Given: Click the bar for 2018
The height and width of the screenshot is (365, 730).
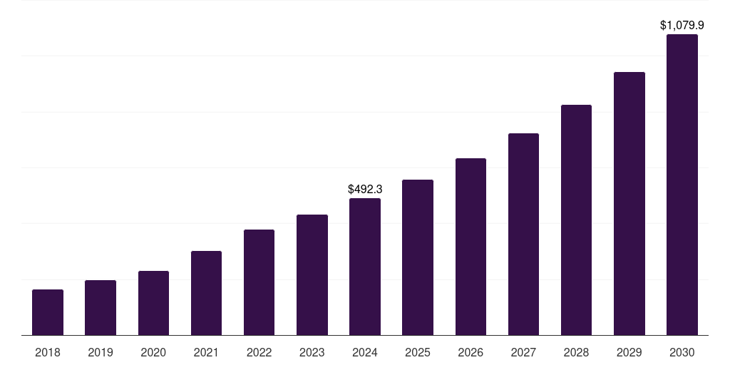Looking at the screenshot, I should pos(48,312).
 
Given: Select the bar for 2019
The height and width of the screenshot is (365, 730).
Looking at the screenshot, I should pos(101,307).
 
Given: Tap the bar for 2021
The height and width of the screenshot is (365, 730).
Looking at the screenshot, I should pos(206,293).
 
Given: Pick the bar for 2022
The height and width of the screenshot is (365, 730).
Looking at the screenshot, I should pos(259,282).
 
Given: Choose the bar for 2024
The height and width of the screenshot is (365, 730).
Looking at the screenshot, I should pos(365,267).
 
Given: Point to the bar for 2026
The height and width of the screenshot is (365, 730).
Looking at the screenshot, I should pos(471,247).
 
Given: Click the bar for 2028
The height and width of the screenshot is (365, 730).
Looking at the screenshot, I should pos(576,220).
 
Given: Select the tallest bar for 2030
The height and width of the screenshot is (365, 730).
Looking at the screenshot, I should pos(682,185).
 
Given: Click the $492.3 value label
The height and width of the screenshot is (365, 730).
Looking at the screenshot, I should pos(365,190).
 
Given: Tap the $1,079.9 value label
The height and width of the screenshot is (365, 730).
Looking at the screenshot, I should pos(682,26).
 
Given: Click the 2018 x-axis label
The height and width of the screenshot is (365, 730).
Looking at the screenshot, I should pos(48,352).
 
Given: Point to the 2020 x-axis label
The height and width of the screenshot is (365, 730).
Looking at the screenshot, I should pos(153,352).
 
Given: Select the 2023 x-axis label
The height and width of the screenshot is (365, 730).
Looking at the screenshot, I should pos(312,352).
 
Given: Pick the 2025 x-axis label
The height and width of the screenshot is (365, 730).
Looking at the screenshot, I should pos(418,352).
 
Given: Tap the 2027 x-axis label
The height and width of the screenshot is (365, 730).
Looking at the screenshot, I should pos(523,352).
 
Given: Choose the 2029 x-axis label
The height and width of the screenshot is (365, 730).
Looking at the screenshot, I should pos(629,352).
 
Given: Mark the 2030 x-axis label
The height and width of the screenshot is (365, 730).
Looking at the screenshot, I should pos(682,352).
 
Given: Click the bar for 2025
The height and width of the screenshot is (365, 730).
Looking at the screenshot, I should pos(418,257).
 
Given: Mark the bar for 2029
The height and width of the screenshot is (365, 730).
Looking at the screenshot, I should pos(629,203).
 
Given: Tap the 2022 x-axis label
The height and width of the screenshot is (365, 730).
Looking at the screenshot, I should pos(259,352).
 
